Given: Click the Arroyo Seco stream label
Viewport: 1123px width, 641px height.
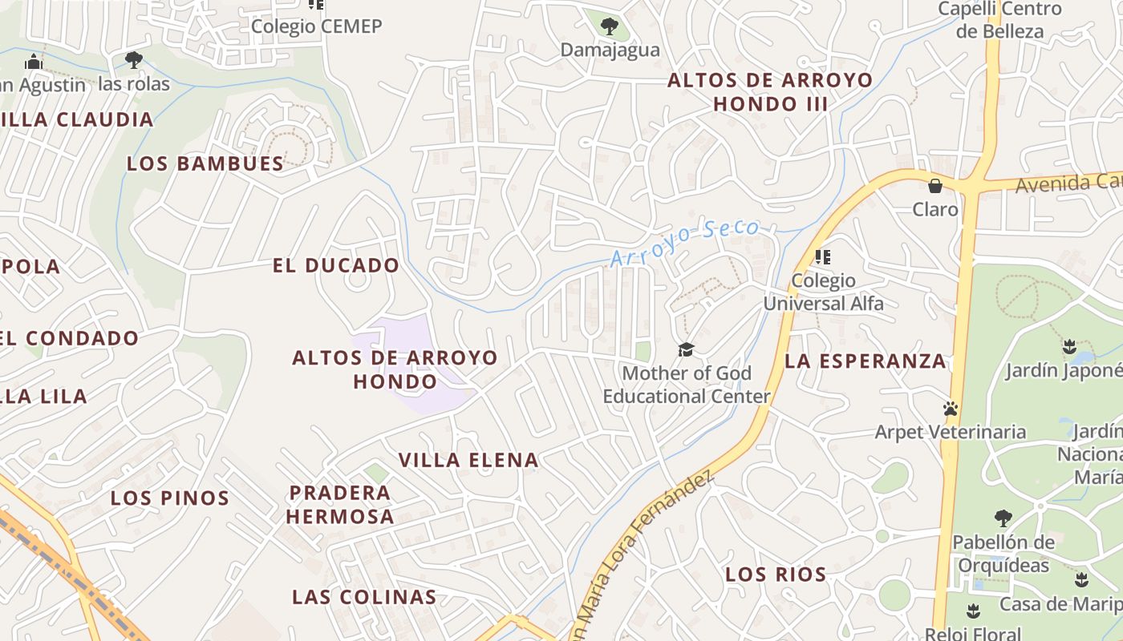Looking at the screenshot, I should (684, 243).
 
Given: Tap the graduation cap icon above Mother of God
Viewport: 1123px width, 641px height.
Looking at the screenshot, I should (686, 349).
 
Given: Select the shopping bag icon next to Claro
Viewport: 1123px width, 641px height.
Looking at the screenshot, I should (934, 186).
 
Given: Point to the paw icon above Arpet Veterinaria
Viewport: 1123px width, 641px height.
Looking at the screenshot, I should (951, 409).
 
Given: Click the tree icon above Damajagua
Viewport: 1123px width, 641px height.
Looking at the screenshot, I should (610, 26).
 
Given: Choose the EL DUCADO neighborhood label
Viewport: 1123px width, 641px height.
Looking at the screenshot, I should (336, 265).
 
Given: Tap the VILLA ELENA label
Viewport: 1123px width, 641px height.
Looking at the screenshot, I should (469, 460).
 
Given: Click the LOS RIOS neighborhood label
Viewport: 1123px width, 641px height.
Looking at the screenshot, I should (776, 574).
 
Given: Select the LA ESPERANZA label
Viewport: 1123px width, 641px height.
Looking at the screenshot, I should (866, 361).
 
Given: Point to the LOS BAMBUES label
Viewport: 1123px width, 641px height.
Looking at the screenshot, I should (205, 163).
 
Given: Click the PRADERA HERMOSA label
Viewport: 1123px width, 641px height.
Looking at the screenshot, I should (340, 504).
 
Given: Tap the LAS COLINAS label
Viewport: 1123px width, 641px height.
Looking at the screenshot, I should (364, 597).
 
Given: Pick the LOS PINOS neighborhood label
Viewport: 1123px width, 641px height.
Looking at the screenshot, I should (170, 498).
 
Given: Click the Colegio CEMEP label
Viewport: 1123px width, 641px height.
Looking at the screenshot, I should (316, 26).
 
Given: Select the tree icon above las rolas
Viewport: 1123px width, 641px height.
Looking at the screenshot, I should (134, 60).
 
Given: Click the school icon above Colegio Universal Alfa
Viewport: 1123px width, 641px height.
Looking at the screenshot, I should (823, 257).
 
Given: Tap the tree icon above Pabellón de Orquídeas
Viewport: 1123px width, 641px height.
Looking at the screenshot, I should (1003, 518).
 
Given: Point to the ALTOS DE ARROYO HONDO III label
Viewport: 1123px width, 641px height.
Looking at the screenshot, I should (770, 91).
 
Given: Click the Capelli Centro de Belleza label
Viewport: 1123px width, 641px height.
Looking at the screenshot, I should (999, 20).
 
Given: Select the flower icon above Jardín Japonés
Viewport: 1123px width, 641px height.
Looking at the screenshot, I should (1068, 347).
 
